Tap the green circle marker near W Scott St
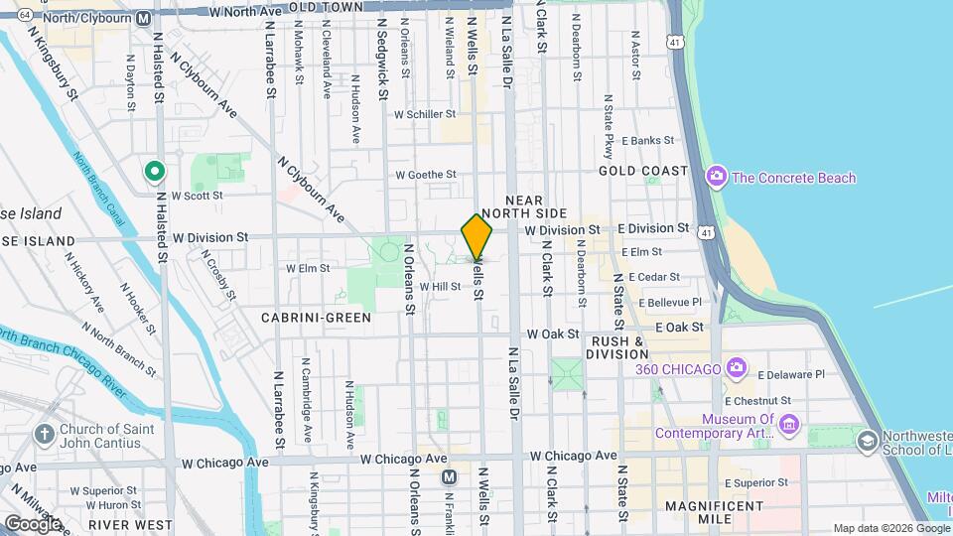point(155,173)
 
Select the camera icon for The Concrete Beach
point(716,178)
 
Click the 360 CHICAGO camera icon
point(736,369)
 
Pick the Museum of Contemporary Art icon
point(789,426)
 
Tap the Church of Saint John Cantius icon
point(44,434)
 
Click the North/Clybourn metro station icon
point(144,18)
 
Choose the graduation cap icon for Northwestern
point(867,440)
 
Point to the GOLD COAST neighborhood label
point(643,171)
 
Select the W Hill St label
point(440,287)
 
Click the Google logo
point(32,523)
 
